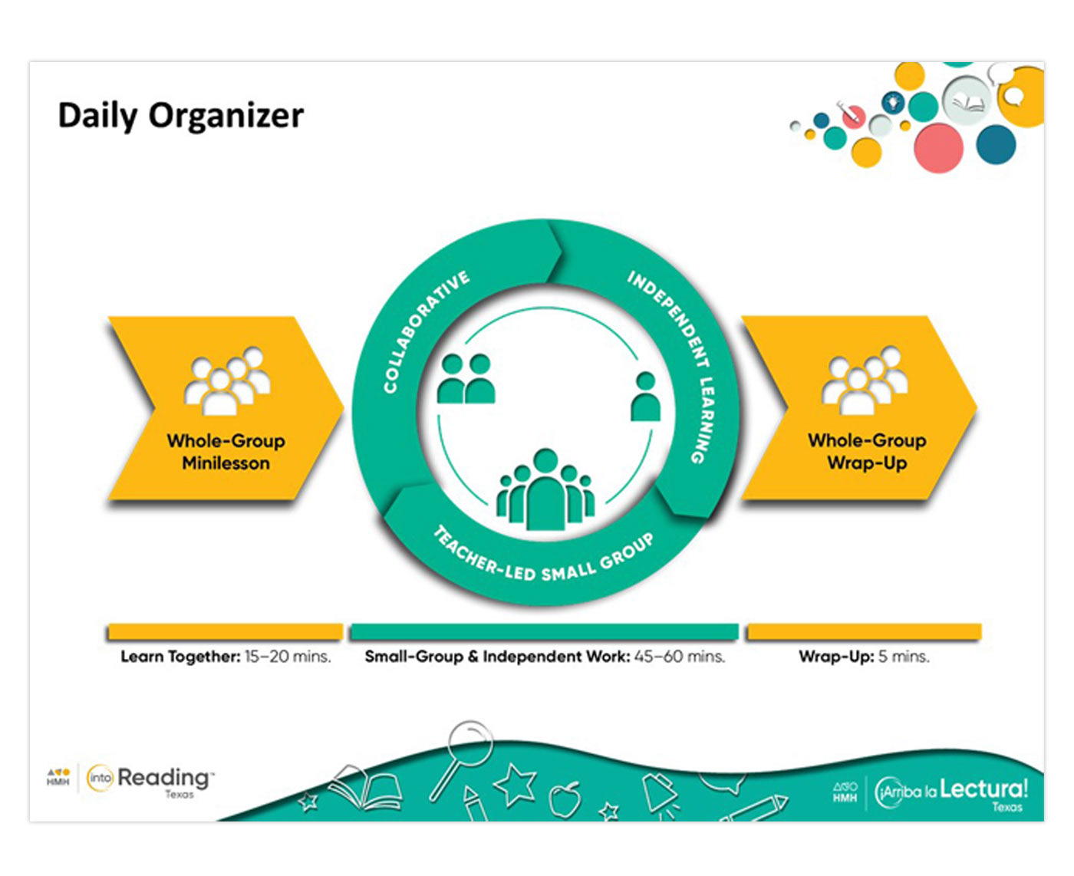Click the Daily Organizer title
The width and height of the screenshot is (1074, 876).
click(181, 117)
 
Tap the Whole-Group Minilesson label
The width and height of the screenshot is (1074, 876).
click(226, 452)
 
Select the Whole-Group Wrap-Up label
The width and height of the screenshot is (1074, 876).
click(867, 452)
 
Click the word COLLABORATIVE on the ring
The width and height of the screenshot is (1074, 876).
click(426, 331)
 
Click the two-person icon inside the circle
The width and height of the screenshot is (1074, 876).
click(465, 379)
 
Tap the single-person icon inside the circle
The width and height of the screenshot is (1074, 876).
click(645, 397)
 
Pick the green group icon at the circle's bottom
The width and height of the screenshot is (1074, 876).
click(545, 490)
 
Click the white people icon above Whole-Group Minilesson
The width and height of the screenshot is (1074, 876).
click(227, 381)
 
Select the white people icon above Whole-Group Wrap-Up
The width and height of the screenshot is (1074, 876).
click(865, 380)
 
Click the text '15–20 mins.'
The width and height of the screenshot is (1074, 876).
click(288, 657)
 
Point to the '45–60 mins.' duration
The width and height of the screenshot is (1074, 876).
click(680, 657)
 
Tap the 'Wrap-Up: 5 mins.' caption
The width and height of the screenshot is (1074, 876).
click(864, 657)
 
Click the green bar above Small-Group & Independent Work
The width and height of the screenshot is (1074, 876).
click(544, 632)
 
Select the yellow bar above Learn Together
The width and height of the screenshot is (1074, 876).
click(226, 632)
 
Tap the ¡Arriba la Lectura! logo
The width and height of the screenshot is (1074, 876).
click(951, 792)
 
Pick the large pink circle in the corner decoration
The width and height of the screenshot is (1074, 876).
click(938, 147)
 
